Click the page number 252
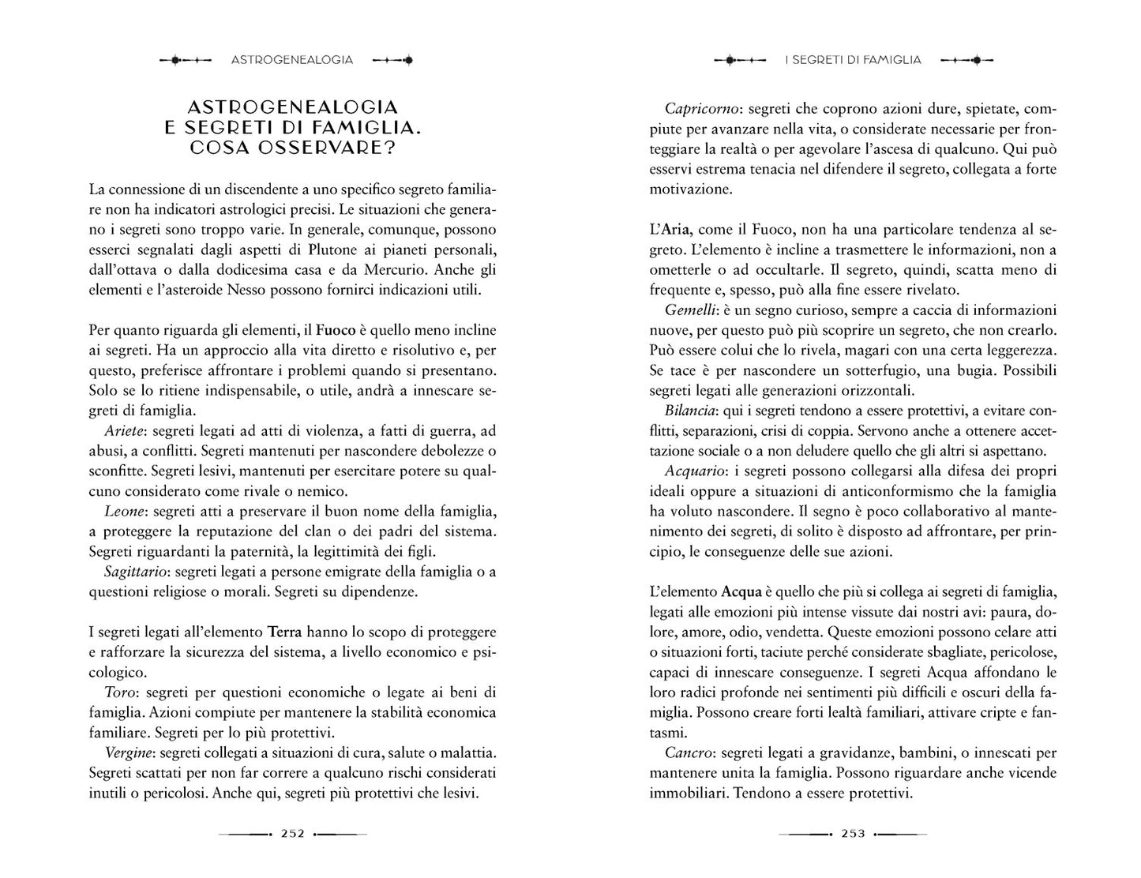[293, 833]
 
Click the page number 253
[854, 833]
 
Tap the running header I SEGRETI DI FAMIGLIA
[853, 59]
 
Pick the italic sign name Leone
[124, 511]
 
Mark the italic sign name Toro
[122, 692]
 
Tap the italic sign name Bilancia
[690, 411]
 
